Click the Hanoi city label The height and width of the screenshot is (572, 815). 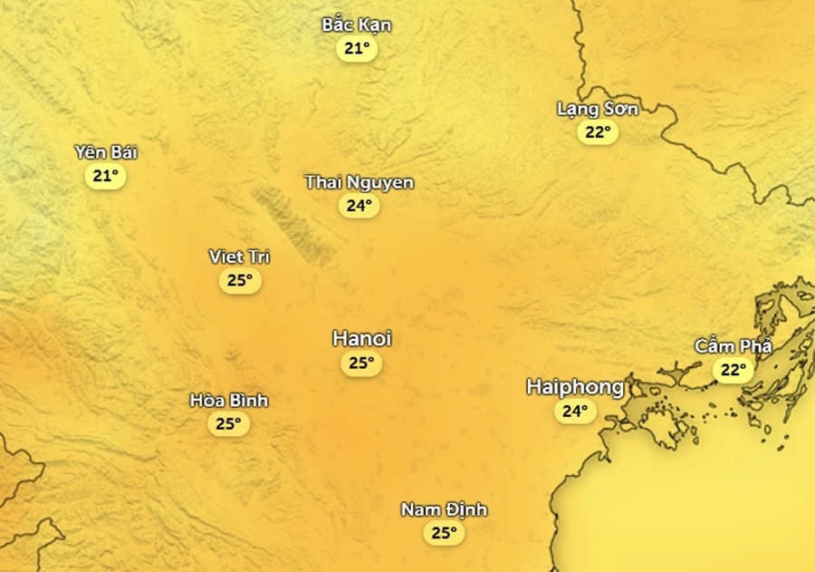[361, 339]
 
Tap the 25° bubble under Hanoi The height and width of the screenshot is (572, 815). [361, 364]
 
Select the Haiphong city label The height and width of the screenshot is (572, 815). [575, 387]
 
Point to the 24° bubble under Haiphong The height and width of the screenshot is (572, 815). [575, 412]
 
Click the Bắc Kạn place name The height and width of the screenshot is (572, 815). [357, 24]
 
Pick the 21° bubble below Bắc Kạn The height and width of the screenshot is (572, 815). [357, 48]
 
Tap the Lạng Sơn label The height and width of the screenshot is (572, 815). [598, 109]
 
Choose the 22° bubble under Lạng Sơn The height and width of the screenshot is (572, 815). [598, 132]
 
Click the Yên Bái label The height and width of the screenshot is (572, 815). [106, 151]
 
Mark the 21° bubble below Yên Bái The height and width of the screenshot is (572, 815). [106, 176]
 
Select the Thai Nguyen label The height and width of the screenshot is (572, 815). [360, 182]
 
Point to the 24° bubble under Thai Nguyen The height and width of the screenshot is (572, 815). [360, 206]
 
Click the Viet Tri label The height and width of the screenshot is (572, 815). [239, 257]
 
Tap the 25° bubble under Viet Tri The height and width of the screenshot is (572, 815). [239, 280]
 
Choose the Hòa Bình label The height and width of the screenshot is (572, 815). [229, 400]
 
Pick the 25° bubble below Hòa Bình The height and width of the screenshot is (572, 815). [228, 423]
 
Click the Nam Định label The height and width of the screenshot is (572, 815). [444, 509]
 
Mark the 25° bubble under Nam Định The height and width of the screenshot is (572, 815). [444, 533]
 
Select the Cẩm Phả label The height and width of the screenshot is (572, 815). [733, 345]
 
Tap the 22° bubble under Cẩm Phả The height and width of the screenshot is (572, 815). [733, 370]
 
